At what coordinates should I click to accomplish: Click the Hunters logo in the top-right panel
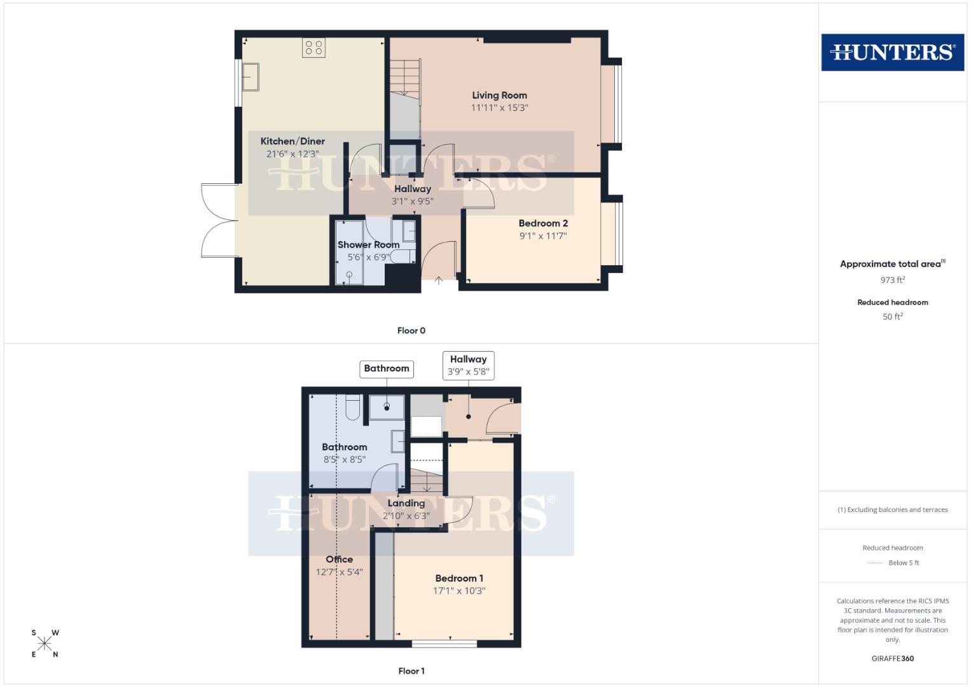892,52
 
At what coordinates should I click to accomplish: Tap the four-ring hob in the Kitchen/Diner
313,48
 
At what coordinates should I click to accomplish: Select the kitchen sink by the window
250,77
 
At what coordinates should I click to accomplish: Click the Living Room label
499,95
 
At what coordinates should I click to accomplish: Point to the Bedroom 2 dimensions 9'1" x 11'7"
542,236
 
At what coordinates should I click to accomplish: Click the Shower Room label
368,245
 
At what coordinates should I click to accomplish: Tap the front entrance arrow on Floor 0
439,279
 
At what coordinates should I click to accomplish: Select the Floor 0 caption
411,331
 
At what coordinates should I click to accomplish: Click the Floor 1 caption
411,671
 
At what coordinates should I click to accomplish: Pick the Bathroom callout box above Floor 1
387,369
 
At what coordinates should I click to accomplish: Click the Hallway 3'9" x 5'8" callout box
468,366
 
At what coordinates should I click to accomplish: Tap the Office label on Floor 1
339,560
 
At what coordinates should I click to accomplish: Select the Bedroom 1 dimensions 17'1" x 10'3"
459,591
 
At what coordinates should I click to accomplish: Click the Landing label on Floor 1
406,503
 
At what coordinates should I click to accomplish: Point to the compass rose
45,643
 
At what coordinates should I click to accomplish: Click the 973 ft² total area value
892,280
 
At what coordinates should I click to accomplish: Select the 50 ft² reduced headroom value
892,317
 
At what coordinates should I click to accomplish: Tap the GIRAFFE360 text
892,659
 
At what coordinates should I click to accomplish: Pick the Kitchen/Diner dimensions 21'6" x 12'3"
293,154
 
